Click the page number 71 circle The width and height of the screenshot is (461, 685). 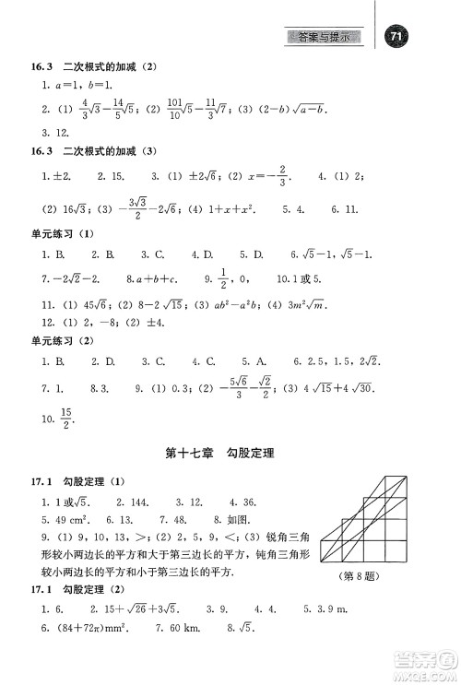397,36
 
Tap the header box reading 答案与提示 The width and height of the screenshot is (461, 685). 328,36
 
